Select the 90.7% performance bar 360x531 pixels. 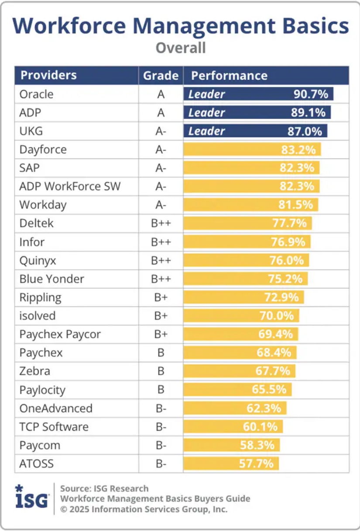pyautogui.click(x=258, y=94)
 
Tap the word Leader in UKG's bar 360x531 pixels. pyautogui.click(x=207, y=131)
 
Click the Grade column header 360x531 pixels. pyautogui.click(x=161, y=75)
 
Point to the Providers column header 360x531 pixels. pyautogui.click(x=48, y=75)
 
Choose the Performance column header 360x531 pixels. pyautogui.click(x=230, y=75)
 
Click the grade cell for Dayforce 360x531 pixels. pyautogui.click(x=161, y=150)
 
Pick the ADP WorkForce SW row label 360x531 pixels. pyautogui.click(x=70, y=187)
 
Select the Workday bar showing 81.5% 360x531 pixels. pyautogui.click(x=251, y=205)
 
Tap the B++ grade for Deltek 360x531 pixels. pyautogui.click(x=161, y=224)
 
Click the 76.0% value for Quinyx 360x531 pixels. pyautogui.click(x=286, y=261)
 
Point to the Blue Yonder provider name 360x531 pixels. pyautogui.click(x=52, y=279)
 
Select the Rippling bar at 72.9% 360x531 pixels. pyautogui.click(x=243, y=298)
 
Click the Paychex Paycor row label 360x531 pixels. pyautogui.click(x=60, y=334)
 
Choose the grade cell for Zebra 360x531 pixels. pyautogui.click(x=161, y=371)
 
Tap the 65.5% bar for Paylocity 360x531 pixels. pyautogui.click(x=237, y=389)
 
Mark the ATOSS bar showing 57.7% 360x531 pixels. pyautogui.click(x=231, y=463)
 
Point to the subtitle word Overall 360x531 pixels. pyautogui.click(x=180, y=47)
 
